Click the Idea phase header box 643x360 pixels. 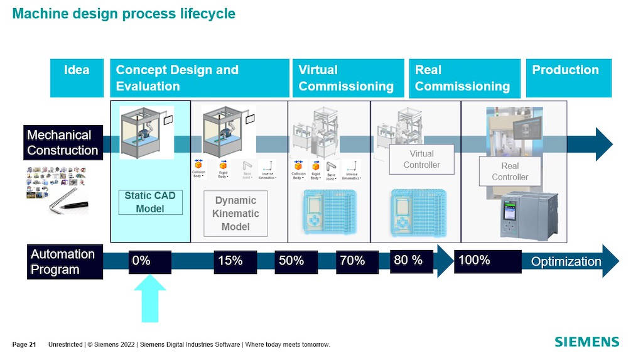77,78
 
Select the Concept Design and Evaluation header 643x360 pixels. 200,78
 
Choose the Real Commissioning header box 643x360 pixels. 465,78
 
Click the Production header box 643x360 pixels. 568,78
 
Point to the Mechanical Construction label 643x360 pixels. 63,143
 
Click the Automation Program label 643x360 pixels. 63,262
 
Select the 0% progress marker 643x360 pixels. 150,261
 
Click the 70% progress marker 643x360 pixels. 357,261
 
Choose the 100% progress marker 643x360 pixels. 488,261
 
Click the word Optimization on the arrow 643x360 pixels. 566,261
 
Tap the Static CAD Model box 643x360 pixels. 150,202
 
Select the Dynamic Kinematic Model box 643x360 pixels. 235,214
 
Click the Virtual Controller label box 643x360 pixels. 421,160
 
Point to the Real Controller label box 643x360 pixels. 510,172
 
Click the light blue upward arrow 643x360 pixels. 150,299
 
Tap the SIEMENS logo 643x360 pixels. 586,342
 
